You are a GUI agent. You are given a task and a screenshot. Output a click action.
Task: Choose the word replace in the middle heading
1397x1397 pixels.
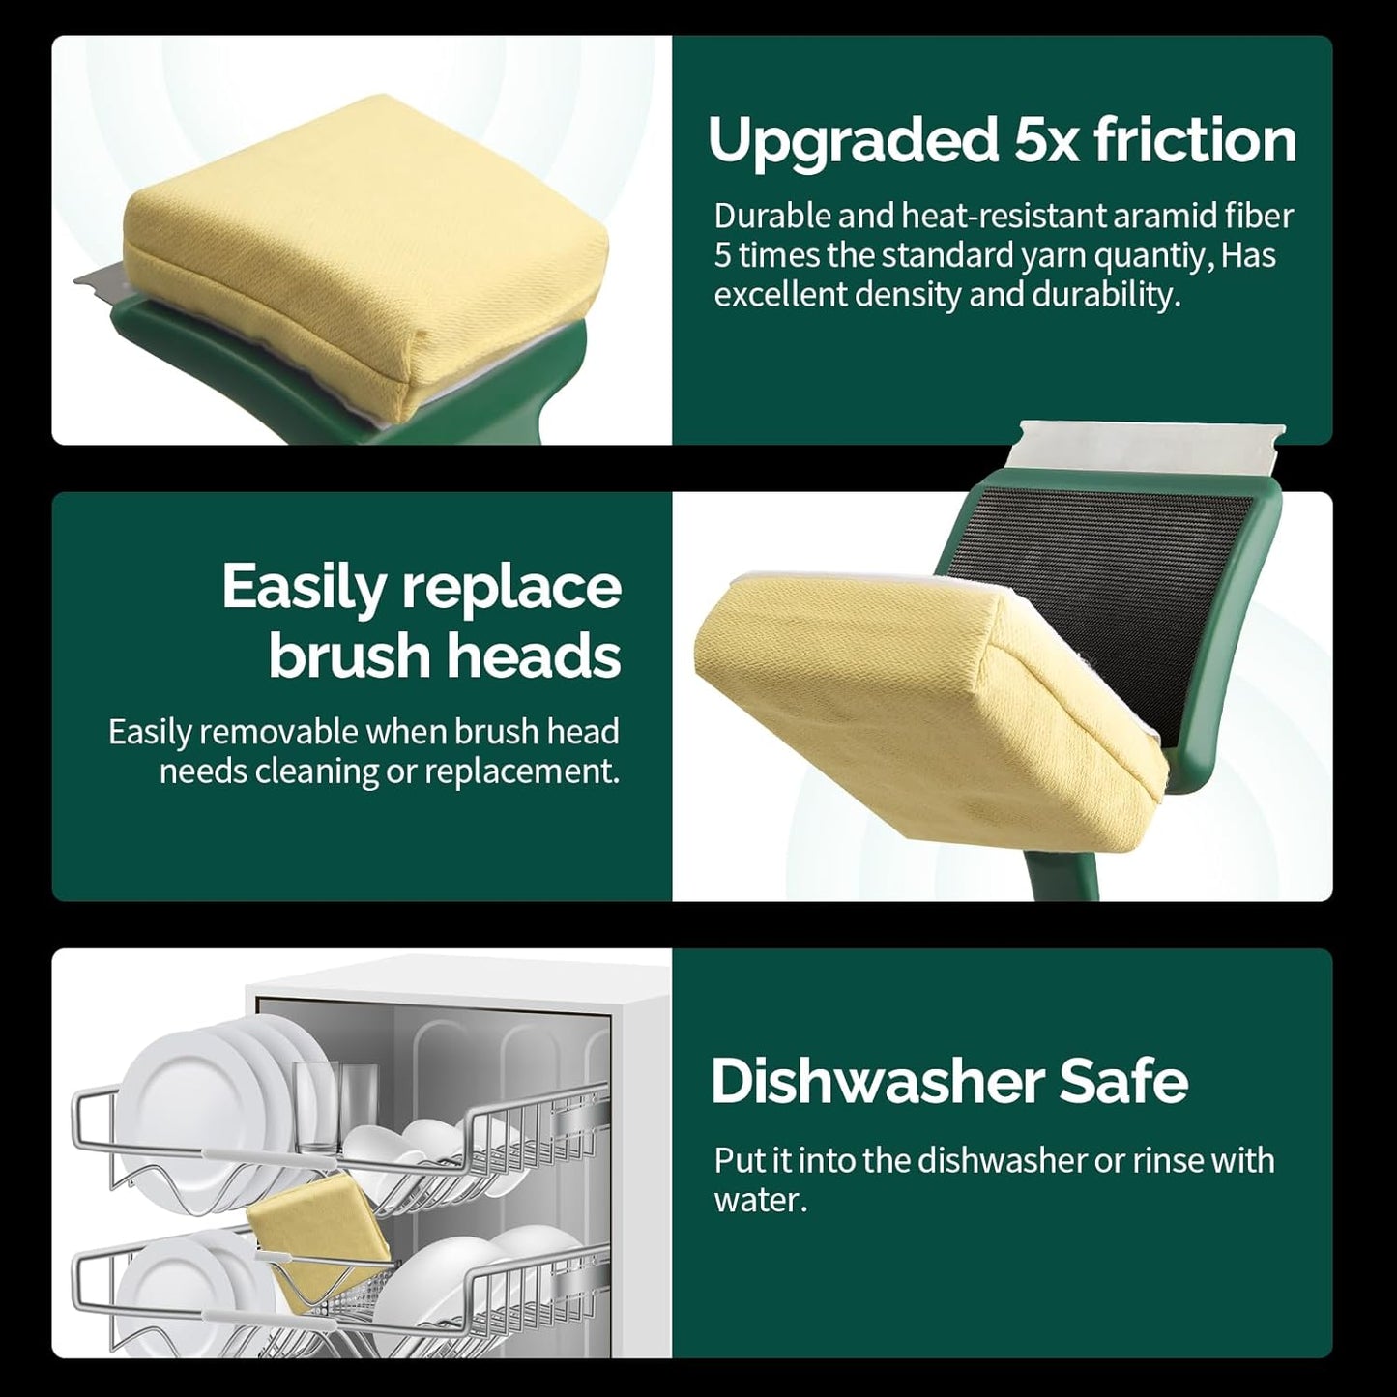point(510,588)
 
